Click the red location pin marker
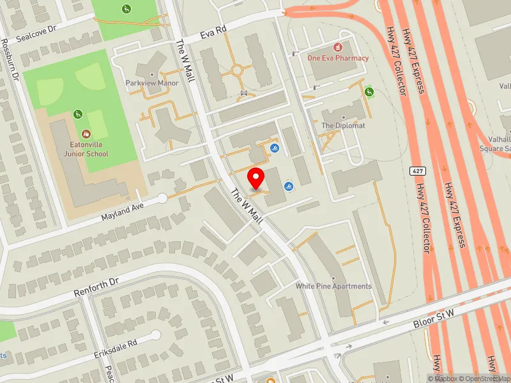coord(257,179)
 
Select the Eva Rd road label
coord(213,33)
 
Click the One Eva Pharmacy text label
coord(338,58)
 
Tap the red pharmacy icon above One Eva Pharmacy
coord(338,47)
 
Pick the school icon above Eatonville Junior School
coord(86,134)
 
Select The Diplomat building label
coord(343,126)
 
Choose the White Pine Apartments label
coord(333,286)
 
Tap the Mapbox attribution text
coord(442,379)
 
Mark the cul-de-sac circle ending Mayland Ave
coord(162,199)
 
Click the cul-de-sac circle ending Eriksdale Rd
coord(155,335)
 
